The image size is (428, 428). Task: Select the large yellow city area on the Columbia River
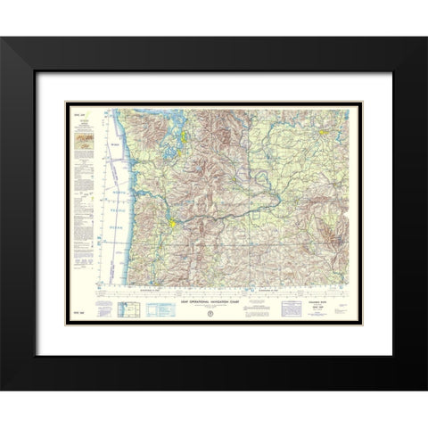(x=172, y=219)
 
